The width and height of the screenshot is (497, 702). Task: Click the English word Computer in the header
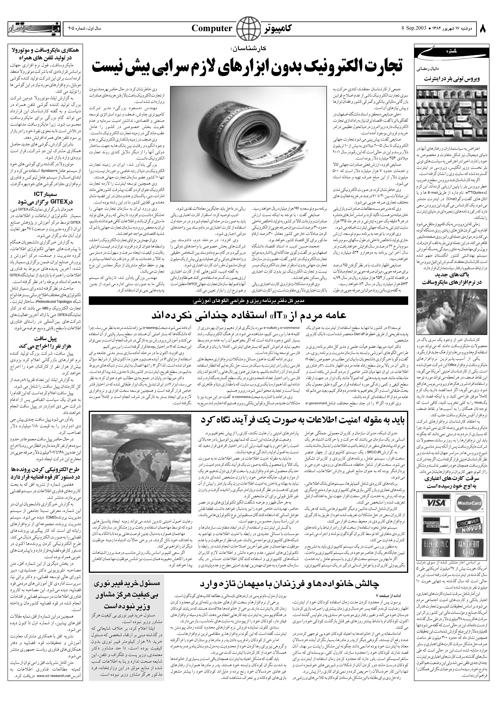[x=212, y=29]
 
